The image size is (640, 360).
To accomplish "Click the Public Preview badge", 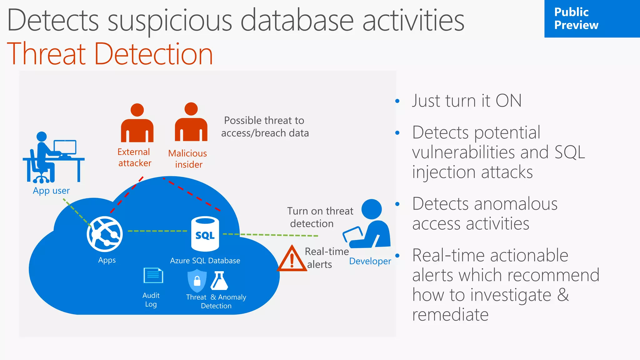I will point(592,19).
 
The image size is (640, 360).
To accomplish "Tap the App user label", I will point(51,191).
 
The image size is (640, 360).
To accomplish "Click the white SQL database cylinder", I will point(205,234).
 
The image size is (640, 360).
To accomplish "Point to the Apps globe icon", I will point(105,234).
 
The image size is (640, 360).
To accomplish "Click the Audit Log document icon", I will point(153,275).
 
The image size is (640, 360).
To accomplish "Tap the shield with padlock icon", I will point(197,281).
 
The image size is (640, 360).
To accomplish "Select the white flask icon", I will point(219,281).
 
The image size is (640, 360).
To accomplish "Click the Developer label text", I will point(370,261).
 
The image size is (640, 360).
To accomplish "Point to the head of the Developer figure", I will point(372,209).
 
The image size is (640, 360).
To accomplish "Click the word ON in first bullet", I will point(508,101).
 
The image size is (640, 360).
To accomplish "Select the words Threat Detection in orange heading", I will point(110,54).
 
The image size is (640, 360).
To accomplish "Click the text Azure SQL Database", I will point(205,261).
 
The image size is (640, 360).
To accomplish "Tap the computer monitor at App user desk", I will point(65,147).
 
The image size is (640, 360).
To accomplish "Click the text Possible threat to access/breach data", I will point(265,127).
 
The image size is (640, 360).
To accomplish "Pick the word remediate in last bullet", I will point(450,315).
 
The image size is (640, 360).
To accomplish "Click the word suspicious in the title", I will point(170,21).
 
